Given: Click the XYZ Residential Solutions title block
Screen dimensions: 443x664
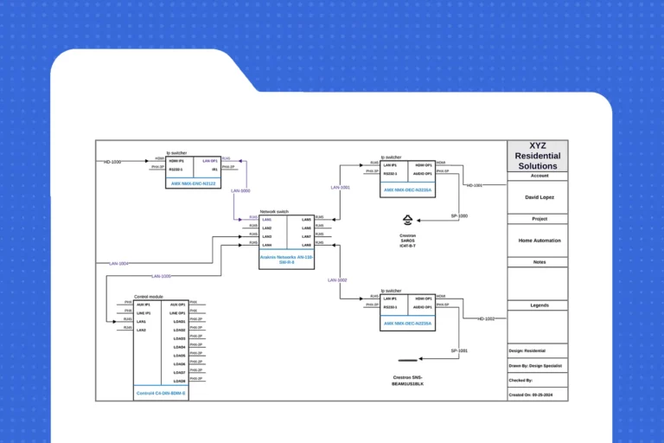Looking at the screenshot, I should pyautogui.click(x=538, y=156).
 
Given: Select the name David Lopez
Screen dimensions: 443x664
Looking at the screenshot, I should pyautogui.click(x=538, y=197).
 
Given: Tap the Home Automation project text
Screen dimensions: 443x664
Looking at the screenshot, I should pyautogui.click(x=538, y=241).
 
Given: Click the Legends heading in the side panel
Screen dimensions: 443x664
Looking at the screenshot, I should pyautogui.click(x=538, y=305).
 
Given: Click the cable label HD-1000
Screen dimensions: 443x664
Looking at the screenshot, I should pyautogui.click(x=112, y=162).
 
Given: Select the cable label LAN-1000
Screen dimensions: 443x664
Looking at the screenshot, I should pyautogui.click(x=240, y=190).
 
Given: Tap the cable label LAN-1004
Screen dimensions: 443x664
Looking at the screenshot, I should pyautogui.click(x=118, y=263).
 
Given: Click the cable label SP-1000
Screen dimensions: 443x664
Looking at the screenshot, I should pyautogui.click(x=459, y=215).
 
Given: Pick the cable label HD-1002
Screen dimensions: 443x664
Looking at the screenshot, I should pyautogui.click(x=486, y=319).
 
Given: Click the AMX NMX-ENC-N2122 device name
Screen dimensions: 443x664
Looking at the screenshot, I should pyautogui.click(x=195, y=183).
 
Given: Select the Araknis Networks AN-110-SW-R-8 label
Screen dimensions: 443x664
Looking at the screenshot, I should pyautogui.click(x=287, y=260).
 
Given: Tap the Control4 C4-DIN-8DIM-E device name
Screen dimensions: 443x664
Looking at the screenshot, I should pyautogui.click(x=161, y=394).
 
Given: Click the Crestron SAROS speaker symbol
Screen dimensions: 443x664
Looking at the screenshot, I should pyautogui.click(x=407, y=221).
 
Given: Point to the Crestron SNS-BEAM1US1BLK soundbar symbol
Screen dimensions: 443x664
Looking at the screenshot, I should pyautogui.click(x=407, y=358).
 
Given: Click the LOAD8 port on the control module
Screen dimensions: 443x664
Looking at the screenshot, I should pyautogui.click(x=179, y=381).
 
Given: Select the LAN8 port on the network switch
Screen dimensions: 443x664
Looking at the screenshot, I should pyautogui.click(x=306, y=245).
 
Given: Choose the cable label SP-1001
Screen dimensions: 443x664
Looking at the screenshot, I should pyautogui.click(x=459, y=350).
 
